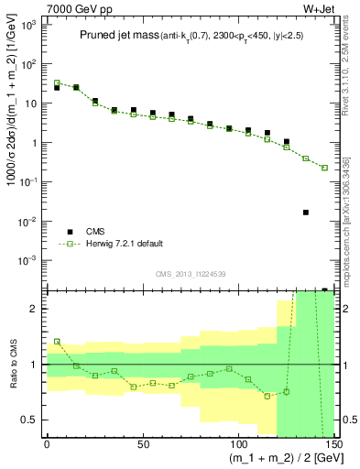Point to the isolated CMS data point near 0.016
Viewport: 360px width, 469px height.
click(x=305, y=213)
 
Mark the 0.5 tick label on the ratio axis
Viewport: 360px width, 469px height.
click(x=31, y=420)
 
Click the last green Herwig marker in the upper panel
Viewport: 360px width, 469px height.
click(x=324, y=168)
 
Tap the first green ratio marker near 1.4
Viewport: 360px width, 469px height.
click(x=57, y=341)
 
